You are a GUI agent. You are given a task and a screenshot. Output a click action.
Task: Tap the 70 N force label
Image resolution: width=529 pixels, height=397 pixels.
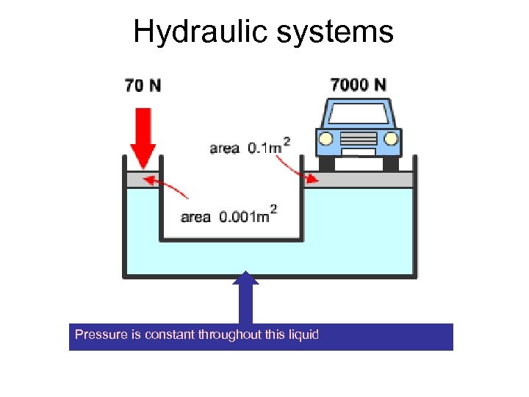coord(143,85)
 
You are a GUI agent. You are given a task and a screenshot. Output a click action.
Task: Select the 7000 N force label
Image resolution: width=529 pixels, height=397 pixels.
coord(358,85)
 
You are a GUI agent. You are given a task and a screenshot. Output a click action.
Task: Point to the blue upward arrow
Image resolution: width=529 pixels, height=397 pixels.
coord(245,297)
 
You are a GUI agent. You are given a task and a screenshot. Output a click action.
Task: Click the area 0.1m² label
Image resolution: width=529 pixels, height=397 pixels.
coord(249,147)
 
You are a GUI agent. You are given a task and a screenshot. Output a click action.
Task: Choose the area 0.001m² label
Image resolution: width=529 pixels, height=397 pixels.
coord(228,216)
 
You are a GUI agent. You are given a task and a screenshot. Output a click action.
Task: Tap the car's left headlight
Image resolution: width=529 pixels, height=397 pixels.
coord(325,138)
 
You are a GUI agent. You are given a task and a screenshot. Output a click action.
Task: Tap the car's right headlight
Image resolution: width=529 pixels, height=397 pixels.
coord(392,138)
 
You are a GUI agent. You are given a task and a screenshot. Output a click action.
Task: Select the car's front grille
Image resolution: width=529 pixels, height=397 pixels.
coord(358,139)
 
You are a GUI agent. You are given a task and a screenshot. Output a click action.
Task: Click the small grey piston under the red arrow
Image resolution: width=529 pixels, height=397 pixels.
coord(143,180)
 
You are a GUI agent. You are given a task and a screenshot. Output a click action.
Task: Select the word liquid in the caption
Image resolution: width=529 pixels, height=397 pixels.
coord(303,335)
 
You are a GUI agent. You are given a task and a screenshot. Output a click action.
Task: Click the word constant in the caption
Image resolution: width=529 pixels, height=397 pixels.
coord(169,335)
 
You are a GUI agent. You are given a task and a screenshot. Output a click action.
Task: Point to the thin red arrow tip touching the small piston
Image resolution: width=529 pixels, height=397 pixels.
coord(145,179)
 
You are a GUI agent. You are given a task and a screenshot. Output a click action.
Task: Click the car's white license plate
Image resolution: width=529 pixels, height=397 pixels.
coord(358,152)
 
